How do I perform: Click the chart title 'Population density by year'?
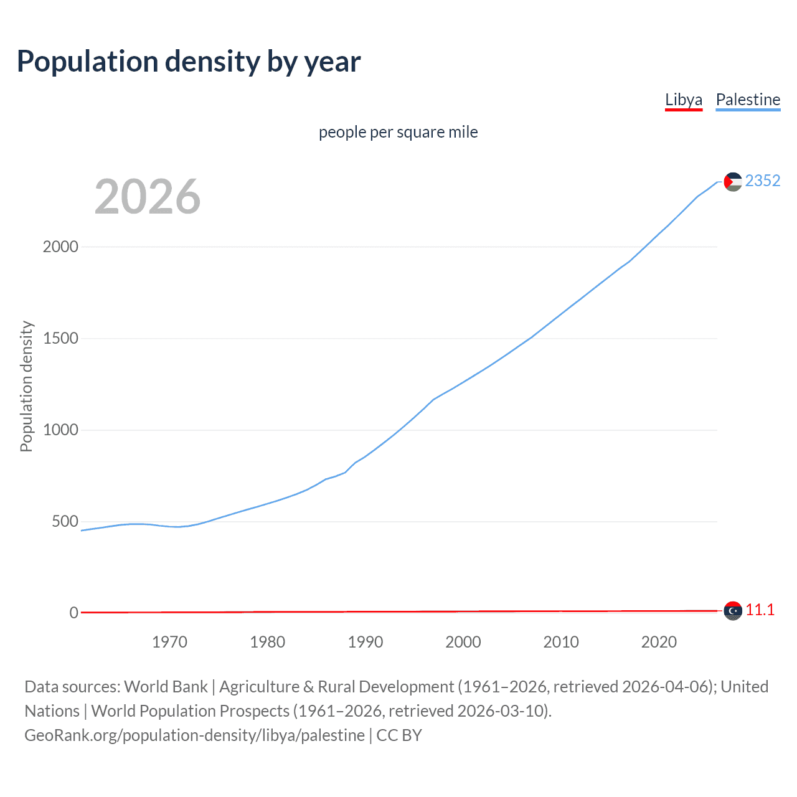189,62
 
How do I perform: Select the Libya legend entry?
683,100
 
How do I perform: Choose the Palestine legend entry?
748,100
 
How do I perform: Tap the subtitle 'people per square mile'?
398,132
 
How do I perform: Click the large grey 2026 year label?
148,197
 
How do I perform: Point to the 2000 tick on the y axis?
60,247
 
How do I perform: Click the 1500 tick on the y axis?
60,338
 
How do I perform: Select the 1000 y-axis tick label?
60,430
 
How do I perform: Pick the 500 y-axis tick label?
65,521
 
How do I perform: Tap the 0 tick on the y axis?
74,613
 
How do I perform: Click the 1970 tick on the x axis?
169,642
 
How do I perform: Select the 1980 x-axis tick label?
267,642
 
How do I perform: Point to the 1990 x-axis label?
365,642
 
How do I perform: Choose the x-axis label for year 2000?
463,642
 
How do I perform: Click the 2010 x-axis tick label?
561,642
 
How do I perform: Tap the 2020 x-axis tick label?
659,642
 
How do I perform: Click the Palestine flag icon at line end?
733,182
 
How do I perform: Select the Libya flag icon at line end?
733,611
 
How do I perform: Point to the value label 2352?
762,181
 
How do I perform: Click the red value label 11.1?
760,610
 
